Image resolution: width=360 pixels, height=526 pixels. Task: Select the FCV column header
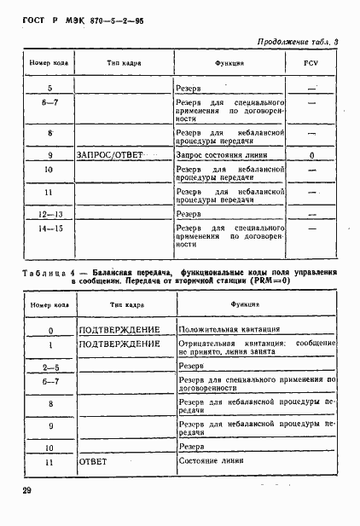point(311,64)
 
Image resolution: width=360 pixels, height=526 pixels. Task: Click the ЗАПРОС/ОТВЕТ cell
point(108,156)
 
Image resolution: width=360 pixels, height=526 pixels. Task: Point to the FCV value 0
point(311,156)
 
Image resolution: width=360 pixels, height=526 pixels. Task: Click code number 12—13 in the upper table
point(50,214)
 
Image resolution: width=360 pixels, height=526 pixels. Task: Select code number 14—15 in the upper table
point(50,228)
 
